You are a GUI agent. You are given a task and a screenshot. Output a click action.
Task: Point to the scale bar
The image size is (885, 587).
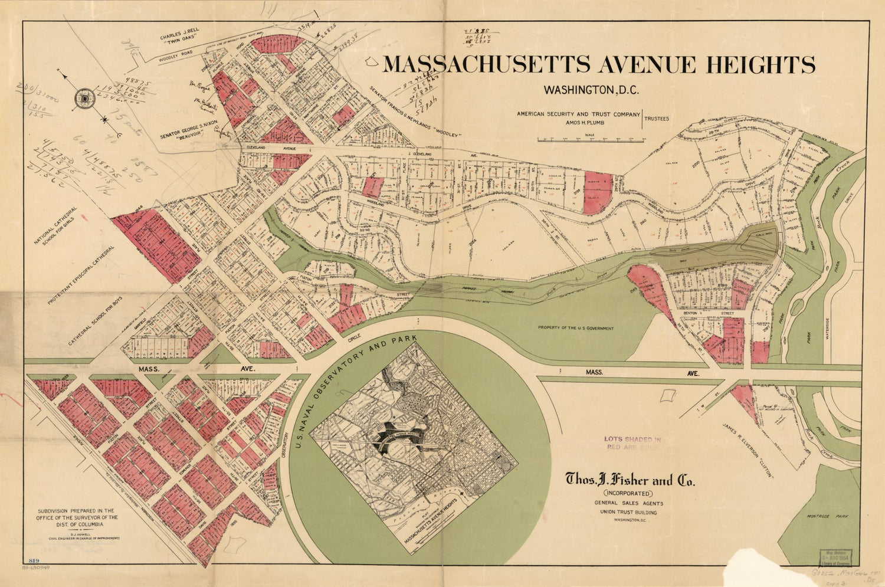[590, 140]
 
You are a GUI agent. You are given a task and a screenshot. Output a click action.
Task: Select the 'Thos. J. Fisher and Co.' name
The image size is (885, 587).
[630, 480]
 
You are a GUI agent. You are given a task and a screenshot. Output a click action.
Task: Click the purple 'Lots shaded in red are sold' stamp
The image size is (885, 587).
[631, 443]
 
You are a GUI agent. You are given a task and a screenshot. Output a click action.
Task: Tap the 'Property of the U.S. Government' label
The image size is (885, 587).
[575, 329]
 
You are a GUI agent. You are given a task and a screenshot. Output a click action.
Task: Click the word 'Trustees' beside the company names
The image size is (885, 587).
[656, 119]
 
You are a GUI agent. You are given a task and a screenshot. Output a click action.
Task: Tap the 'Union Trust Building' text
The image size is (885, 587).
[628, 512]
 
